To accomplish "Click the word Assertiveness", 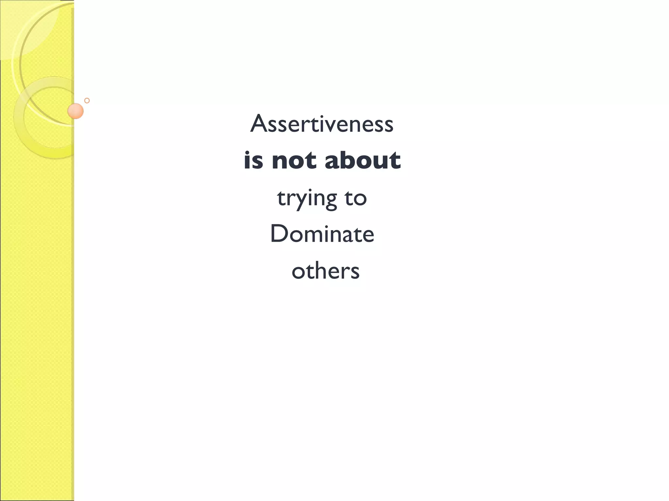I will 322,124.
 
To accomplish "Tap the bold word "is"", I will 253,160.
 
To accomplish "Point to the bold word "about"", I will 363,160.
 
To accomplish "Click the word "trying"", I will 307,198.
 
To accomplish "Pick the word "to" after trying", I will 355,198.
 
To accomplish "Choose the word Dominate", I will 322,234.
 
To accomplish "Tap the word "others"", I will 325,271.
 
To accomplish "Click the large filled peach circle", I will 75,111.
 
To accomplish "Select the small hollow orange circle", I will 87,100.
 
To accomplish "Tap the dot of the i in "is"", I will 248,152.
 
